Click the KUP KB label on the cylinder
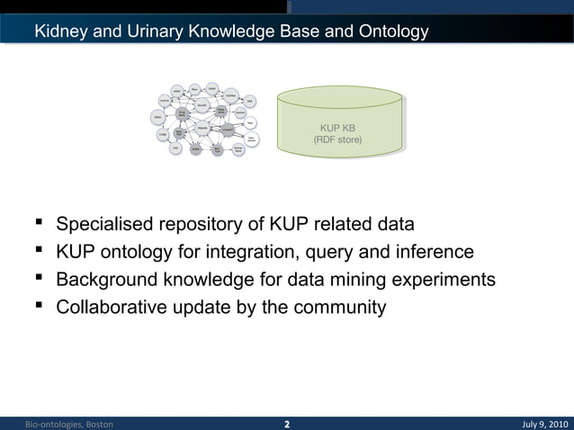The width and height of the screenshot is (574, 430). [337, 128]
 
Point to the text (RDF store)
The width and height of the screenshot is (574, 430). [337, 140]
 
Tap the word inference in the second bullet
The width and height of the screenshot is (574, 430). [435, 252]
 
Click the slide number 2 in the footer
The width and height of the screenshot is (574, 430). [287, 424]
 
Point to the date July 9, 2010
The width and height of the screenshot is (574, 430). [545, 424]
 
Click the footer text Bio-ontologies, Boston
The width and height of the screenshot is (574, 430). [68, 424]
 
